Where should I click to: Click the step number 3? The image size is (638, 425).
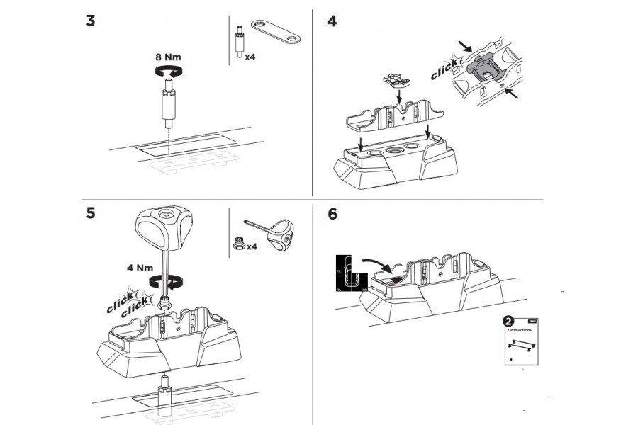pos(91,20)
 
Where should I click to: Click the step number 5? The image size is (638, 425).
pos(91,212)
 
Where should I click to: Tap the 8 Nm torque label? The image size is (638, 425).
pos(170,56)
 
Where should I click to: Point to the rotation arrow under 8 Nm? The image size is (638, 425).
pos(170,69)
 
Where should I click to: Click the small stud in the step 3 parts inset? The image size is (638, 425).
pos(239,42)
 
